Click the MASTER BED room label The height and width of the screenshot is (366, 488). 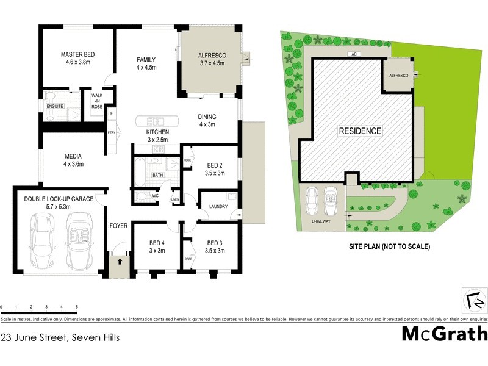[x=77, y=55]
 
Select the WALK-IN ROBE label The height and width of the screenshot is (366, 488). [x=97, y=101]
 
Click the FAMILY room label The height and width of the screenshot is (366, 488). [x=146, y=60]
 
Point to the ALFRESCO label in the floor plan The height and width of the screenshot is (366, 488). [x=212, y=56]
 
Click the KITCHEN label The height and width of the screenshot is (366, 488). [x=157, y=132]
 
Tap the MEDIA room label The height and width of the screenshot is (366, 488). [x=73, y=156]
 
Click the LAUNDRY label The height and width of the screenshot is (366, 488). [x=218, y=207]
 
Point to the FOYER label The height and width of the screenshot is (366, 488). [x=118, y=226]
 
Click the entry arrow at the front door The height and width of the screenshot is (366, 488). [x=120, y=262]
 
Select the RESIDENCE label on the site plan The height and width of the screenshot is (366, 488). [x=361, y=131]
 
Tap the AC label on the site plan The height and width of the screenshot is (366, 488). [x=353, y=54]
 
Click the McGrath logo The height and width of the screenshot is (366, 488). [x=445, y=334]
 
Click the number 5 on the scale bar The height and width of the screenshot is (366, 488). [x=76, y=306]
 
